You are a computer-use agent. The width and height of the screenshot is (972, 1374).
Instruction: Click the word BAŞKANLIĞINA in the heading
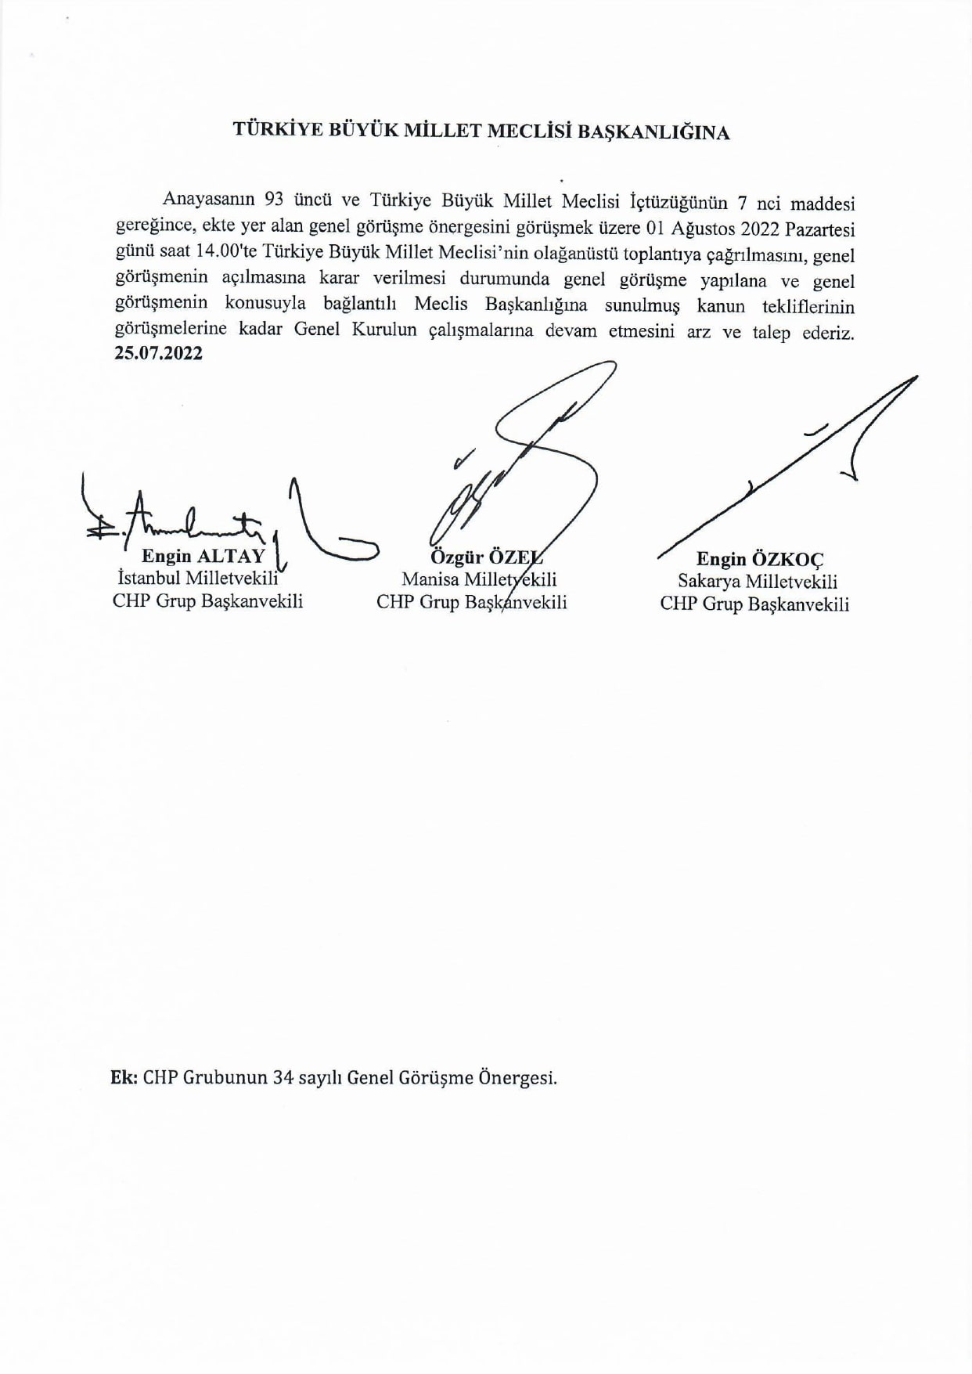[x=653, y=132]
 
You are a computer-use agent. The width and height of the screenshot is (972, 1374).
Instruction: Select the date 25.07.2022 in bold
[x=158, y=353]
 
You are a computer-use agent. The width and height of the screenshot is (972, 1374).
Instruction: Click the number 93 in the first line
[x=275, y=200]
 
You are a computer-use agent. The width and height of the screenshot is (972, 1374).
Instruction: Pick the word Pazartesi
[x=819, y=229]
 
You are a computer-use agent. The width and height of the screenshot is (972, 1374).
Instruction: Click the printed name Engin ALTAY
[x=203, y=557]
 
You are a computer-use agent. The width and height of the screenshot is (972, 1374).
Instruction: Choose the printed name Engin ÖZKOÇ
[x=759, y=559]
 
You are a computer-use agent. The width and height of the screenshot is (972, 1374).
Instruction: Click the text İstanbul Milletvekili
[x=197, y=579]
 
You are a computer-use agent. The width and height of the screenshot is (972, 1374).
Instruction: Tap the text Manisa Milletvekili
[x=479, y=580]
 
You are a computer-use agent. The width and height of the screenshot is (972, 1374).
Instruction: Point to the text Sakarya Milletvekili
[x=757, y=582]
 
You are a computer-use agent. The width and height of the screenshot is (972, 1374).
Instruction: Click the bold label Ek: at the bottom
[x=124, y=1077]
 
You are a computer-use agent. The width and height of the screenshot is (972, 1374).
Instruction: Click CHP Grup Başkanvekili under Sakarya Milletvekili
[x=754, y=604]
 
